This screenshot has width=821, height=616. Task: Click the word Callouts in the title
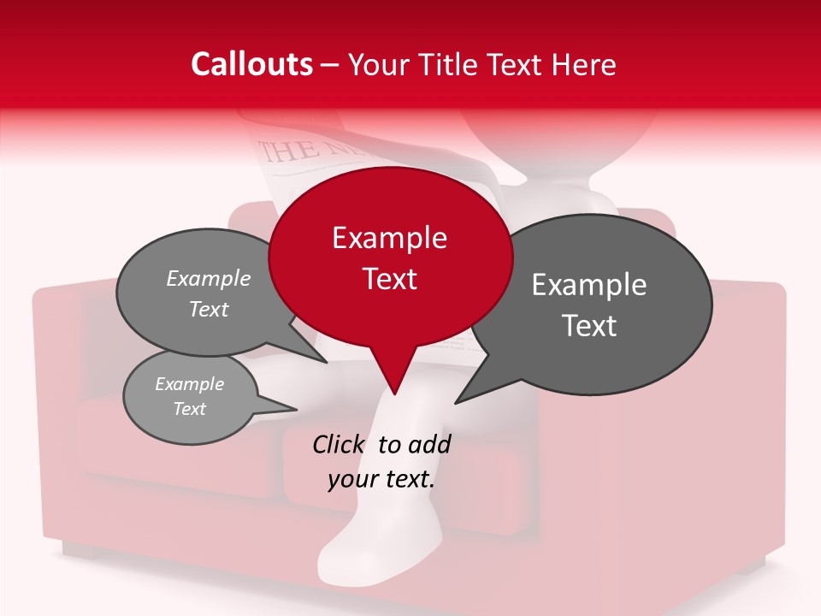click(x=251, y=64)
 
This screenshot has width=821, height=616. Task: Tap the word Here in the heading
click(x=585, y=64)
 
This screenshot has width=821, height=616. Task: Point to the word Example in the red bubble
click(x=389, y=238)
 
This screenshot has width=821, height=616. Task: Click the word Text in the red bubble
click(x=389, y=279)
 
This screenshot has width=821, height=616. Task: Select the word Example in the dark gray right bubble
click(x=589, y=285)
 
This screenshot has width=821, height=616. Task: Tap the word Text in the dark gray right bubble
click(x=589, y=326)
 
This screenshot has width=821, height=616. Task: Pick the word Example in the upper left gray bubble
click(x=209, y=279)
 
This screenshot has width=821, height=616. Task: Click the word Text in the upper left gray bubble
click(x=209, y=310)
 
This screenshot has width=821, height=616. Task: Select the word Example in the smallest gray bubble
click(x=189, y=384)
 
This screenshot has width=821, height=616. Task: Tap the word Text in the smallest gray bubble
click(x=189, y=409)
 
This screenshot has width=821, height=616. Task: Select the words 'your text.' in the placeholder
click(x=381, y=480)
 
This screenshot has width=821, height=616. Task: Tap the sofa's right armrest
click(x=753, y=385)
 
